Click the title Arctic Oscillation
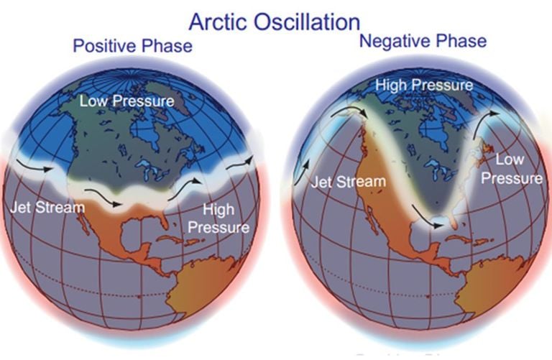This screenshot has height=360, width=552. (x=275, y=22)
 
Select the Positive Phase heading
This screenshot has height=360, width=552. (x=133, y=46)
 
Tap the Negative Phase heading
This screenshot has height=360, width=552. (x=423, y=41)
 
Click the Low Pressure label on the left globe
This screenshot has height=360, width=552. (x=126, y=101)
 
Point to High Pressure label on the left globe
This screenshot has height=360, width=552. (x=218, y=218)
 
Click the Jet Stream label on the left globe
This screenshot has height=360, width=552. (x=47, y=207)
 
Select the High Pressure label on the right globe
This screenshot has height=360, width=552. (x=424, y=86)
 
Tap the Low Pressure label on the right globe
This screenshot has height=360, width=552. (x=512, y=169)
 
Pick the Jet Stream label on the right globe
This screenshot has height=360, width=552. (x=348, y=182)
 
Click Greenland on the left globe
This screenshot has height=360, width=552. (x=165, y=96)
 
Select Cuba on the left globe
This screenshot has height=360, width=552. (x=172, y=240)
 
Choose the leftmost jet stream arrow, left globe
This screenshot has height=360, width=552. (x=34, y=165)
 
